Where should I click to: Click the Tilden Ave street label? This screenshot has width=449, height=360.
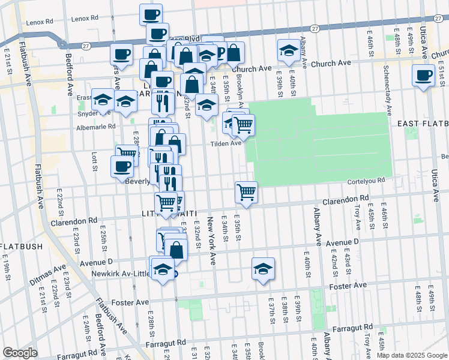click(226, 143)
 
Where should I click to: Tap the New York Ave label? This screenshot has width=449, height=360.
click(211, 239)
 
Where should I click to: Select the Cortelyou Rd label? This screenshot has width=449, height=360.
click(364, 180)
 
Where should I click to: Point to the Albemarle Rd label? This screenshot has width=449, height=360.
click(95, 127)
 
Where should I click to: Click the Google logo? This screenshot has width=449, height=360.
click(20, 353)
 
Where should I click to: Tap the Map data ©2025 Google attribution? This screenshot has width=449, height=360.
click(411, 355)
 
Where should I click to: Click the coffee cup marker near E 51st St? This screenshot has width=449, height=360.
click(423, 76)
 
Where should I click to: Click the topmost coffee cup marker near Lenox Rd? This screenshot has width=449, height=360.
click(151, 14)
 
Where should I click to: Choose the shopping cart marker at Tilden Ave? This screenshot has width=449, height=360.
click(243, 125)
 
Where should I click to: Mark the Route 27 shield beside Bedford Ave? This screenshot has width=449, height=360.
click(62, 43)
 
